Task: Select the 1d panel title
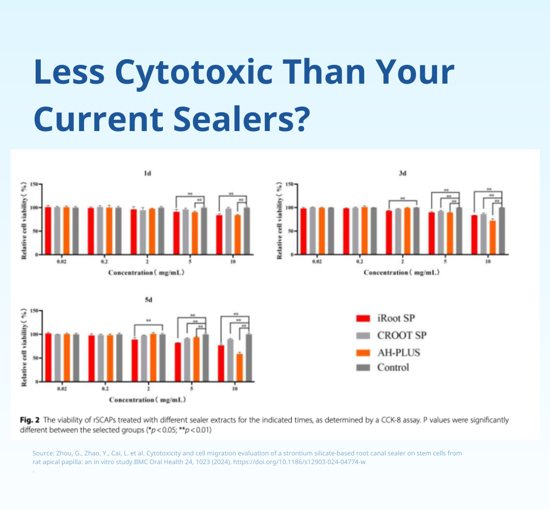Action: [x=147, y=174]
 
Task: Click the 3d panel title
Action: [x=402, y=174]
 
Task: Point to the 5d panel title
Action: [x=148, y=300]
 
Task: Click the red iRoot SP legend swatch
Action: [x=362, y=319]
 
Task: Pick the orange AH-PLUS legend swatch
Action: [x=362, y=352]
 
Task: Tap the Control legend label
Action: [x=393, y=368]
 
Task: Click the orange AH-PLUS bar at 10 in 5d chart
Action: [x=239, y=368]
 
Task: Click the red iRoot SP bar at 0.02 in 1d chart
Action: [x=48, y=231]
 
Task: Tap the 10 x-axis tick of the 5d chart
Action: [x=235, y=389]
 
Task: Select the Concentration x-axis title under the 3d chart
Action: [x=401, y=273]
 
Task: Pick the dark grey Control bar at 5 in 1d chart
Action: [x=204, y=231]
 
